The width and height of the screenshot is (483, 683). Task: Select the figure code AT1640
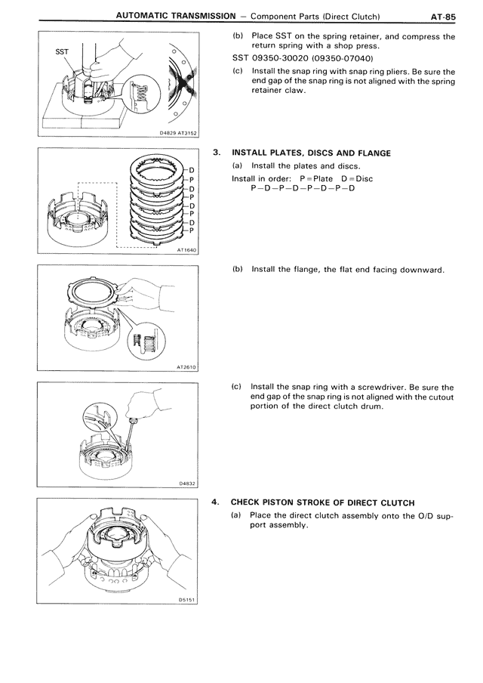pyautogui.click(x=185, y=251)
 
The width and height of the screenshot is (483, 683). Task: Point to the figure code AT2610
pyautogui.click(x=186, y=367)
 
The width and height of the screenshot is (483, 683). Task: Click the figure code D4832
pyautogui.click(x=187, y=484)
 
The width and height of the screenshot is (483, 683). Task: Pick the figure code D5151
pyautogui.click(x=187, y=601)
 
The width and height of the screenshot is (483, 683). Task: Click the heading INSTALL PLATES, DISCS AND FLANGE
pyautogui.click(x=311, y=153)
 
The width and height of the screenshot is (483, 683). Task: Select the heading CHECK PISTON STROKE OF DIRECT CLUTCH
pyautogui.click(x=322, y=502)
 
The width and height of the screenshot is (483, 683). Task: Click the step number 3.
pyautogui.click(x=217, y=153)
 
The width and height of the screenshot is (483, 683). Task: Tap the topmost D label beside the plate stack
pyautogui.click(x=192, y=171)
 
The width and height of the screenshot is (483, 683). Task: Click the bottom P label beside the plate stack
pyautogui.click(x=192, y=231)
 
